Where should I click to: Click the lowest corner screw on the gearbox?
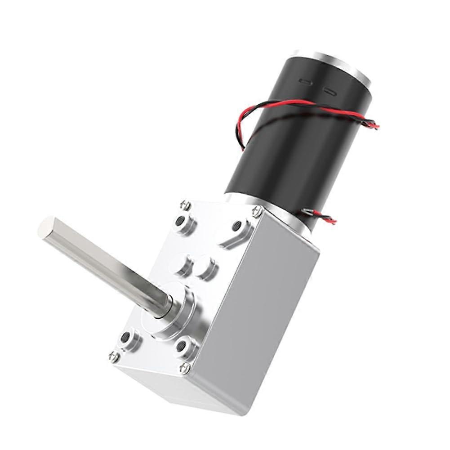click(184, 368)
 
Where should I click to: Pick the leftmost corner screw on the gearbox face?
click(114, 356)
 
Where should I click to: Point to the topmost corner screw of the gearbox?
click(185, 205)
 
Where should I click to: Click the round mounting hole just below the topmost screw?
click(181, 221)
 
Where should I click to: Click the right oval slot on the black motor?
click(329, 92)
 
